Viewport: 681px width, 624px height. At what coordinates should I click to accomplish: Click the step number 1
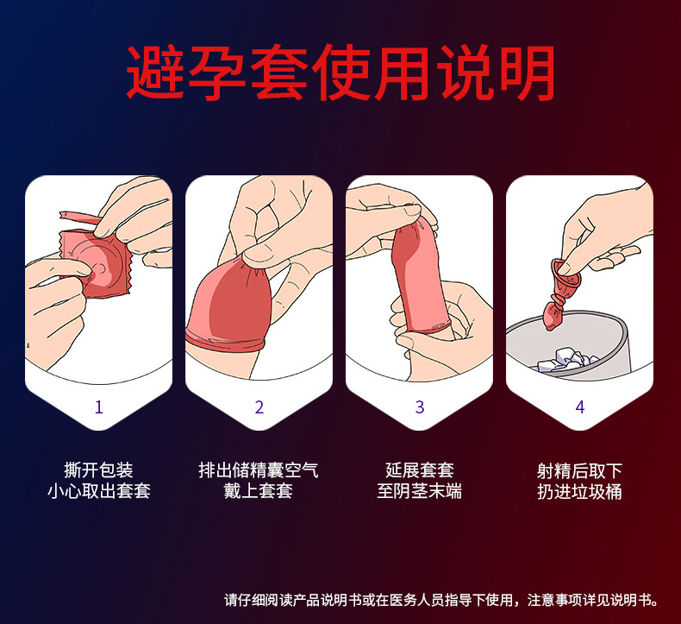tap(99, 407)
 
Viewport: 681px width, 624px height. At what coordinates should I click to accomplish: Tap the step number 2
tap(259, 407)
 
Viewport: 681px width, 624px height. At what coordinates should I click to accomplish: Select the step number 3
tap(420, 407)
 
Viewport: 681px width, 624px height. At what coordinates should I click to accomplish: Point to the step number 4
tap(580, 407)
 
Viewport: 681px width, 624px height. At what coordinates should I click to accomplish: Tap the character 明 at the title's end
tap(528, 72)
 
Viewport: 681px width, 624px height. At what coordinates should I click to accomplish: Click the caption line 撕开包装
tap(98, 470)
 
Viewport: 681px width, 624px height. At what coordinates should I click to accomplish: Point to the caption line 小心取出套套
tap(98, 491)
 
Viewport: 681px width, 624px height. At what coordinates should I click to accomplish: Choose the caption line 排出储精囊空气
tap(259, 470)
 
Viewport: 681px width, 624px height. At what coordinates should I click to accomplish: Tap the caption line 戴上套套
tap(259, 491)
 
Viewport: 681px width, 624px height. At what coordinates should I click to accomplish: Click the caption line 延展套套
tap(420, 470)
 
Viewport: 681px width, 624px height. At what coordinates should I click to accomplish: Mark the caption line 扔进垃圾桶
tap(580, 491)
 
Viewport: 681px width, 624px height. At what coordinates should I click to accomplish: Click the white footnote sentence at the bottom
tap(441, 601)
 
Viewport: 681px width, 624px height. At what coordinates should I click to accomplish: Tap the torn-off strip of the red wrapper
tap(79, 217)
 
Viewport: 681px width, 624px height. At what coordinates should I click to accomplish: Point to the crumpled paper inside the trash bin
tap(565, 361)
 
